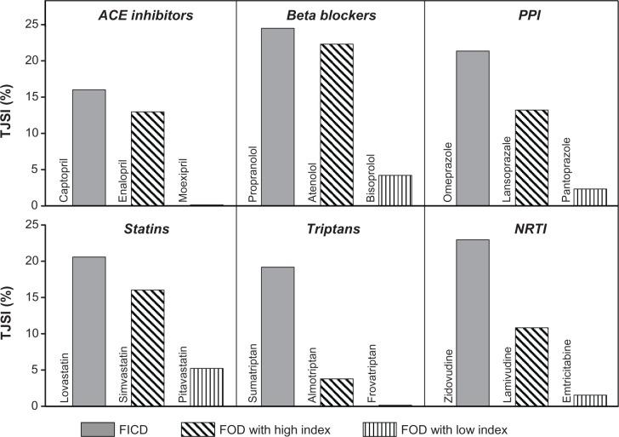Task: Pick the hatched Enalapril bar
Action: coord(147,158)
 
